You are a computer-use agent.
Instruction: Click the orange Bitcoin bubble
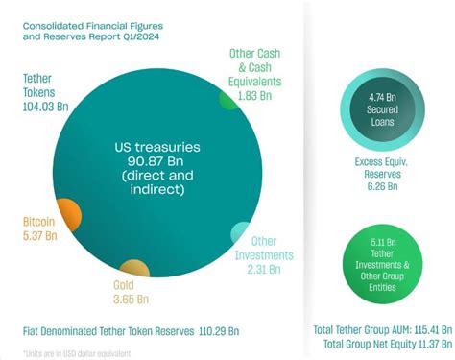coord(68,213)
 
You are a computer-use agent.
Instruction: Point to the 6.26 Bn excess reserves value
coord(381,185)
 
